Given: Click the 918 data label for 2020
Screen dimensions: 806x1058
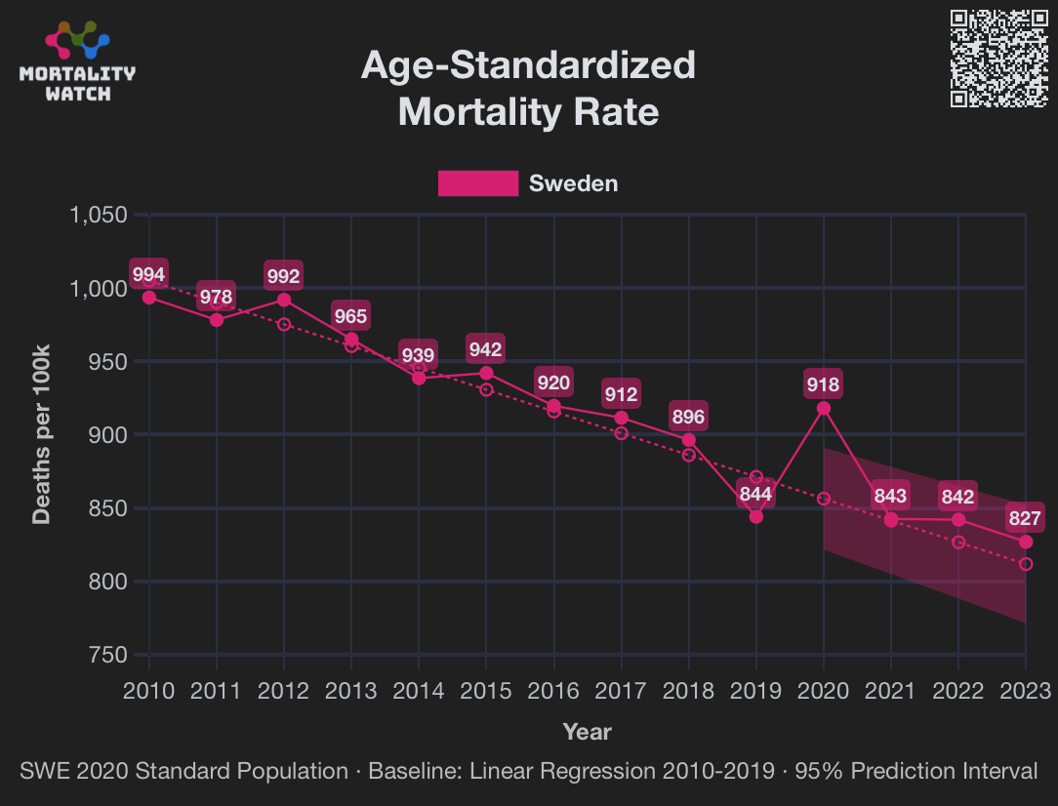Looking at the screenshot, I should (x=823, y=384).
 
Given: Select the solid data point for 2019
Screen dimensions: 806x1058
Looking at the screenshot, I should (x=756, y=516).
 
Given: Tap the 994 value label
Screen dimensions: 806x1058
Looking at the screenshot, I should (x=149, y=274).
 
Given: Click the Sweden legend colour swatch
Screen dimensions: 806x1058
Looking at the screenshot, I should (x=477, y=183).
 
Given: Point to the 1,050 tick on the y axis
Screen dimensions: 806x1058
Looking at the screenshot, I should (x=99, y=215).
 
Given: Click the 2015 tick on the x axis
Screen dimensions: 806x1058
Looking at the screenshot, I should (x=486, y=691).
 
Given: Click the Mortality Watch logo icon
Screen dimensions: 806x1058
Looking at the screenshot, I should (x=78, y=39).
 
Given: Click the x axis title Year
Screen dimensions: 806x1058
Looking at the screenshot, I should (x=587, y=731).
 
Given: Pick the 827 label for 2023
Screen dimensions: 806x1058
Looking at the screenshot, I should (x=1026, y=518).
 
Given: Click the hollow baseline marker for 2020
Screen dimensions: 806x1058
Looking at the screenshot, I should (x=824, y=499).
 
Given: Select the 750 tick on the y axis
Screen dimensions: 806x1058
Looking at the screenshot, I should (x=108, y=655).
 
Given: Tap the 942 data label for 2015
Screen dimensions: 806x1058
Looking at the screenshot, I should (x=486, y=349).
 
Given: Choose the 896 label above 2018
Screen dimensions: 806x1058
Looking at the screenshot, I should (x=688, y=417).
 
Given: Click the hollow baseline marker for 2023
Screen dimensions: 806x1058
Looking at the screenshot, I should (x=1026, y=564).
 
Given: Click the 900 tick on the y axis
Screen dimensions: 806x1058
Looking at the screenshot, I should (x=108, y=434).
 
